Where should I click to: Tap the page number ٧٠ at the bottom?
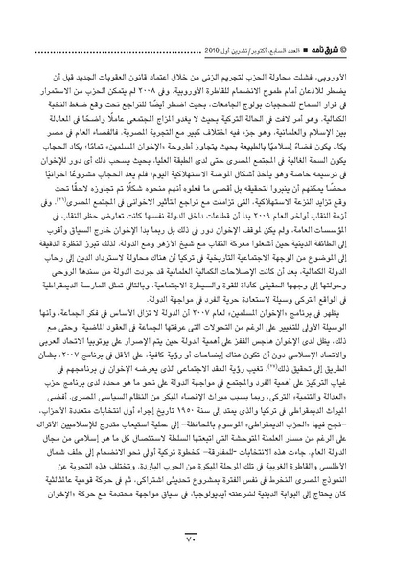tap(197, 547)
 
